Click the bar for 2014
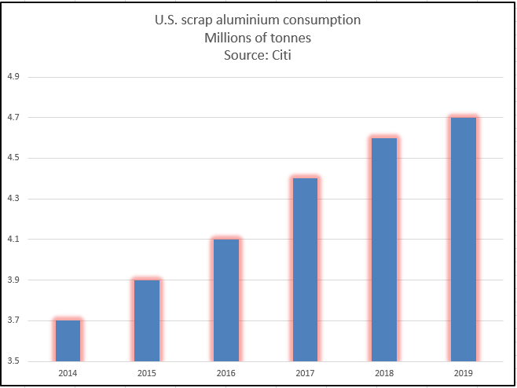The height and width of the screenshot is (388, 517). (x=68, y=340)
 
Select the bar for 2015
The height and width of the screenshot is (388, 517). (x=147, y=320)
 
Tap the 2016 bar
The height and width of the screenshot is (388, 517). (x=226, y=300)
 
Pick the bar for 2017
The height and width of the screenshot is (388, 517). (x=305, y=269)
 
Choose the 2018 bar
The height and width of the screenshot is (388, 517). (x=384, y=249)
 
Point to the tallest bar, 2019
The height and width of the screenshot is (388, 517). (x=464, y=239)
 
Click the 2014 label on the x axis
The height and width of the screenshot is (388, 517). (x=68, y=372)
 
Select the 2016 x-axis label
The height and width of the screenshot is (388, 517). (x=226, y=372)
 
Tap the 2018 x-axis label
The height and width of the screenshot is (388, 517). (x=384, y=372)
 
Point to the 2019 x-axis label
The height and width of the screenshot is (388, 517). (x=464, y=372)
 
